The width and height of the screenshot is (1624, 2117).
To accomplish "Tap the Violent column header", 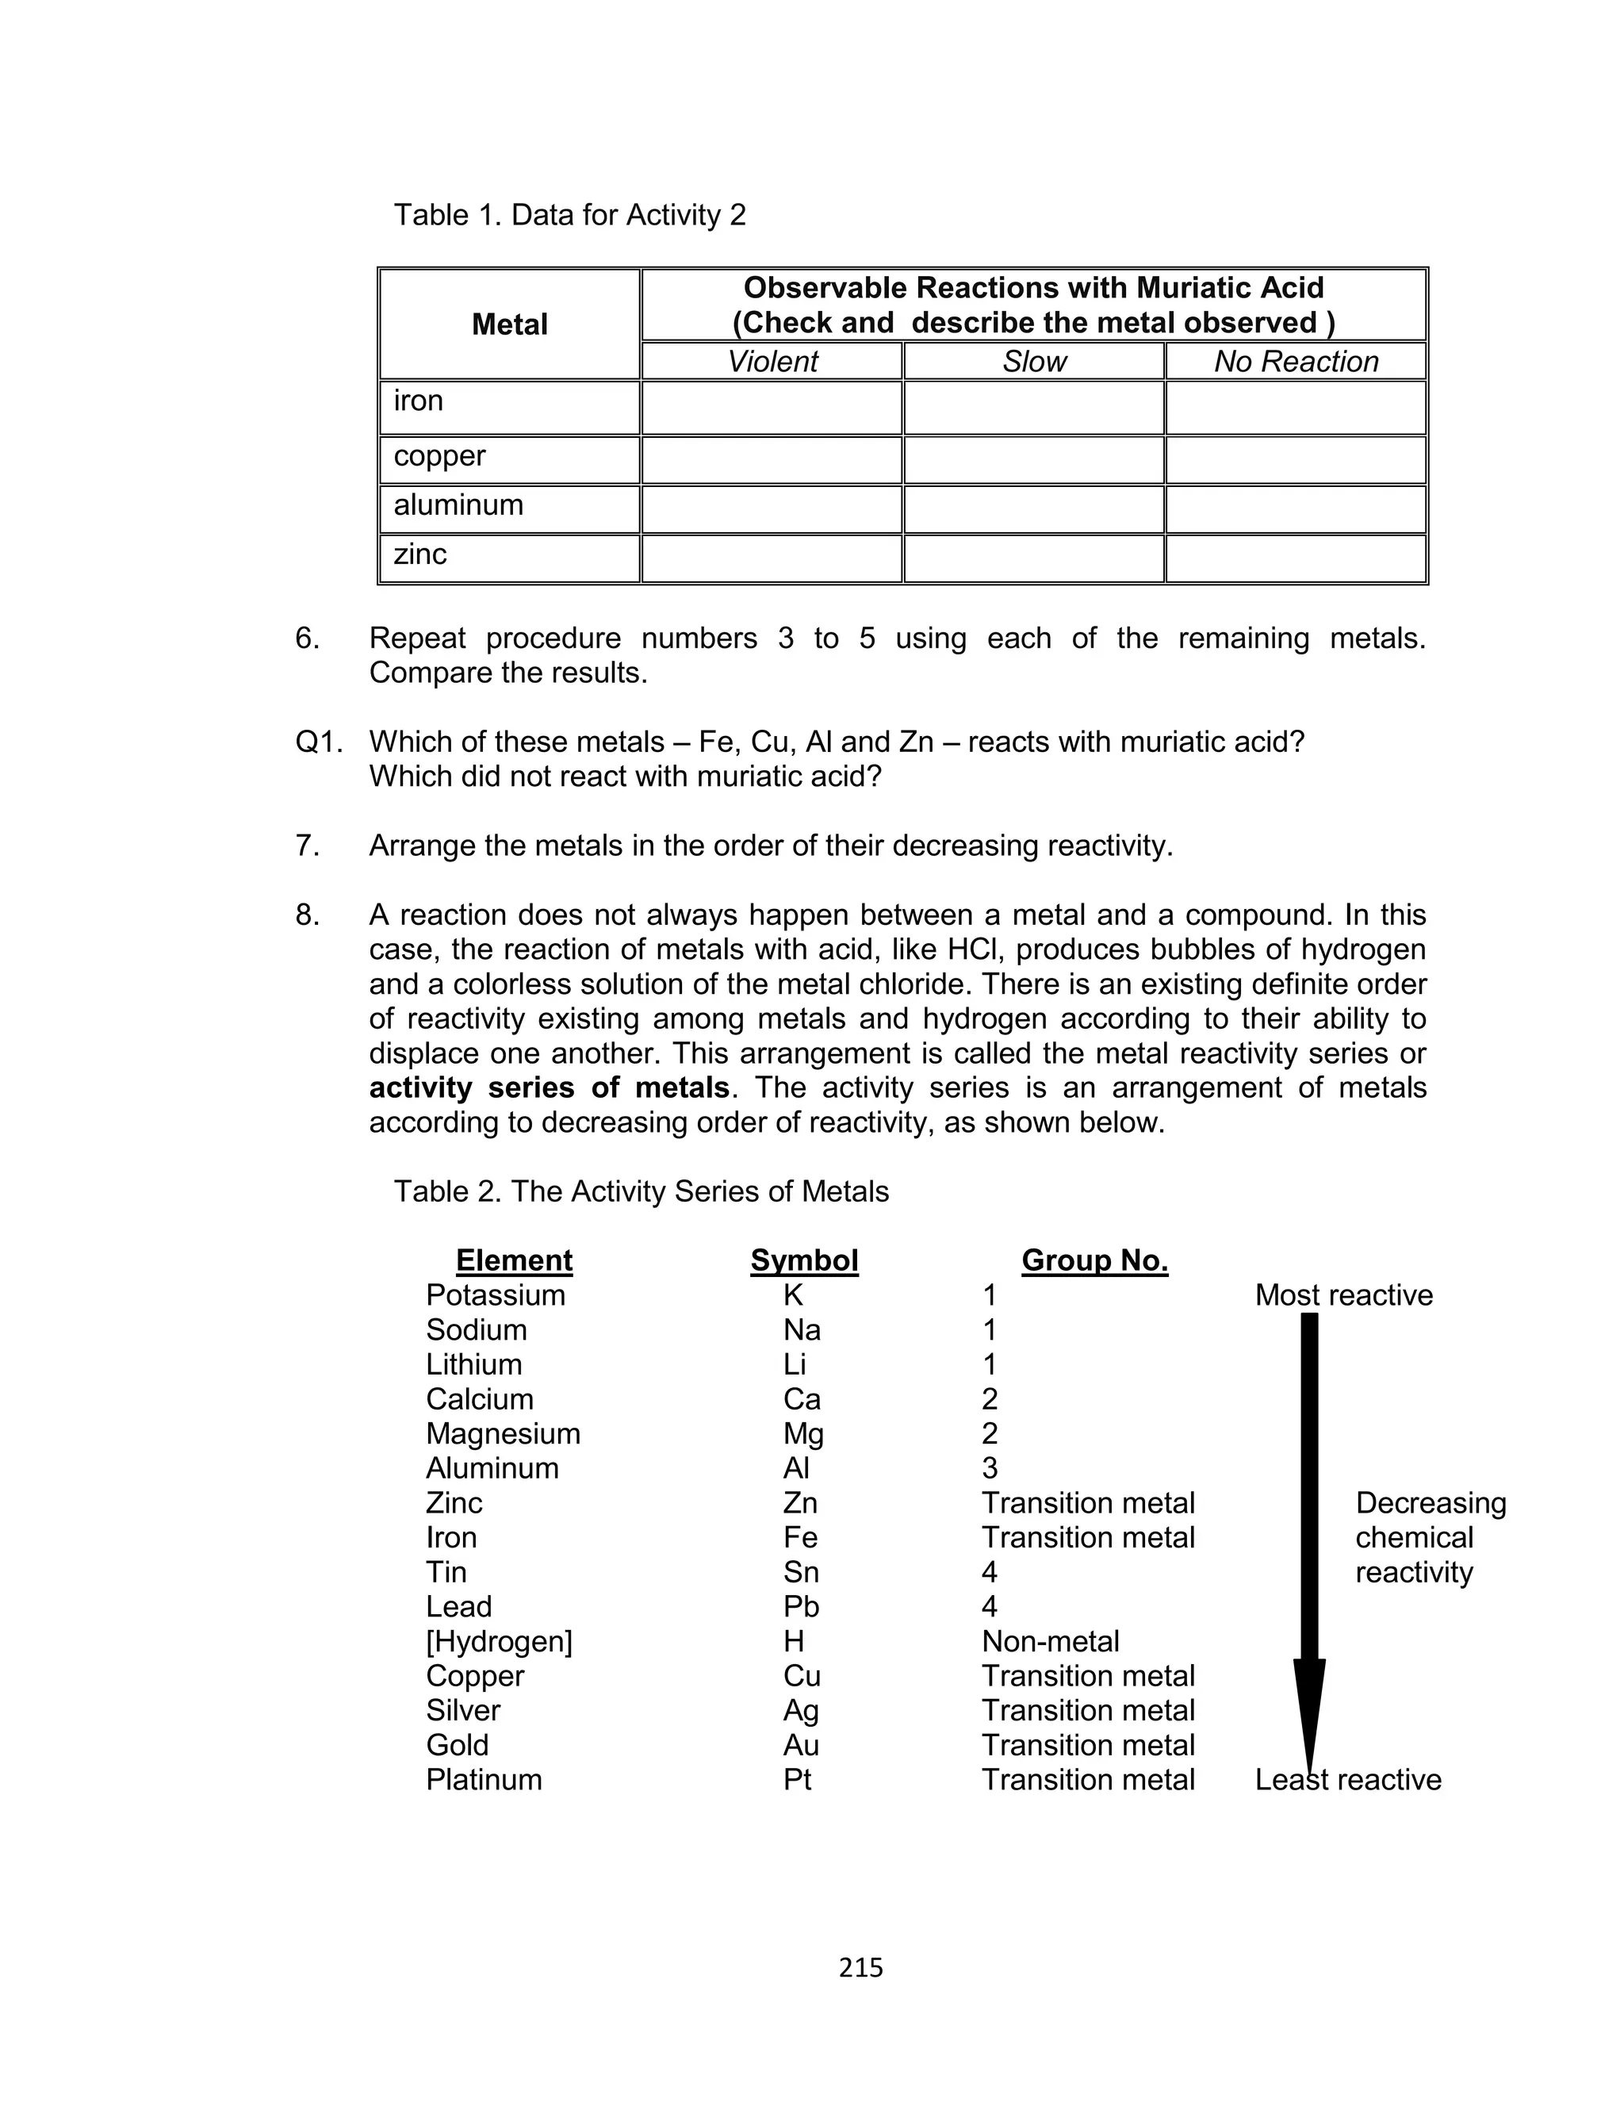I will pos(772,362).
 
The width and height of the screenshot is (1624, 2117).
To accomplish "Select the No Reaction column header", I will pos(1296,362).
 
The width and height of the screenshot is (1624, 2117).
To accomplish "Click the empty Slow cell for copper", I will pos(1033,460).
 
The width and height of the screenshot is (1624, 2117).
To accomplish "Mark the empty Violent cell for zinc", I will pos(772,558).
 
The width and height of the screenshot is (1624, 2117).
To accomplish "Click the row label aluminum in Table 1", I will pos(458,504).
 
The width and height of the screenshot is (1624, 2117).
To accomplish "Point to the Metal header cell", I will pos(509,324).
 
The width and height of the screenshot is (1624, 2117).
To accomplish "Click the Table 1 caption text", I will pos(569,215).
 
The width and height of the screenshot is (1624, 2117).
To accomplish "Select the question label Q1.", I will pos(319,742).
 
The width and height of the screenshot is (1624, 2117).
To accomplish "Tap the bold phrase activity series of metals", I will pos(549,1087).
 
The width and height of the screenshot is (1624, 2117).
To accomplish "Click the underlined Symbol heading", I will pos(804,1260).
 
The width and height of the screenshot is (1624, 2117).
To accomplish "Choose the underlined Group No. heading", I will pos(1094,1260).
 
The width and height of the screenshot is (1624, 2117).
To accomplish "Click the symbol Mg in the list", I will pos(803,1432).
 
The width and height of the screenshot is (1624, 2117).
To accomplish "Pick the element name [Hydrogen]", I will pos(499,1640).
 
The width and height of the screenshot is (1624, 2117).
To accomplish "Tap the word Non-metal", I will pos(1050,1640).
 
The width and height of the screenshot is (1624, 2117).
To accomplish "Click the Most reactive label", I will pos(1343,1294).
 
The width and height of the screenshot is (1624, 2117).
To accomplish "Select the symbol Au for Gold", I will pos(802,1745).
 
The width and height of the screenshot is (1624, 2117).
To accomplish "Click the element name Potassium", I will pos(495,1294).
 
